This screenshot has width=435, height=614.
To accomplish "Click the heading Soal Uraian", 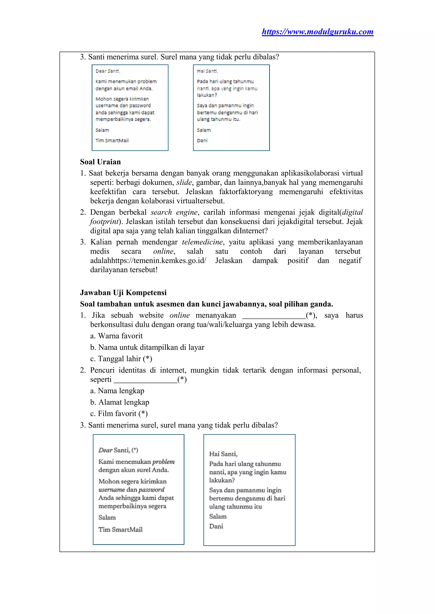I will (100, 162).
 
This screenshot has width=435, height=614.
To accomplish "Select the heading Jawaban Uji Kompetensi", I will (123, 292).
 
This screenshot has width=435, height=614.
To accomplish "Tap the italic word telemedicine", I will (202, 242).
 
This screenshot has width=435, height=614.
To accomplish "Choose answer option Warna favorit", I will (117, 336).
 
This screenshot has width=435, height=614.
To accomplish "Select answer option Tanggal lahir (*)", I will (121, 359).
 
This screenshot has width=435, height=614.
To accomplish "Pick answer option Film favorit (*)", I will (119, 413).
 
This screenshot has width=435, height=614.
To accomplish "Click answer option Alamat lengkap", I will (120, 402).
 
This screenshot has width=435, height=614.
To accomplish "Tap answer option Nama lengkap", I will (117, 391).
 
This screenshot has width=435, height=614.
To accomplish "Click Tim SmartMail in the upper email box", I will (112, 141).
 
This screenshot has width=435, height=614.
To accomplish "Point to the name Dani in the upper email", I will (202, 141).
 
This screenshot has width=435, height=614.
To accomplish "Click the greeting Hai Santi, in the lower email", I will (223, 454).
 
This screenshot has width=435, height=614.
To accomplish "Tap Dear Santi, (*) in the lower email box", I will (118, 450).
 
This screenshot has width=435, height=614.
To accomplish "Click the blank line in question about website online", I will (274, 316).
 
